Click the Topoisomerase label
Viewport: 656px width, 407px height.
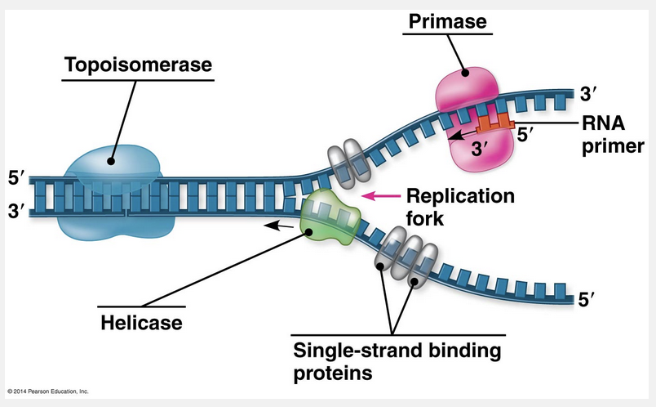pos(138,64)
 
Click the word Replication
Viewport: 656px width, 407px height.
pos(460,196)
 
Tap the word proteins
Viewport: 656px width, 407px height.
pos(333,374)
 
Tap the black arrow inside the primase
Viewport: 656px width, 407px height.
pos(462,132)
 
